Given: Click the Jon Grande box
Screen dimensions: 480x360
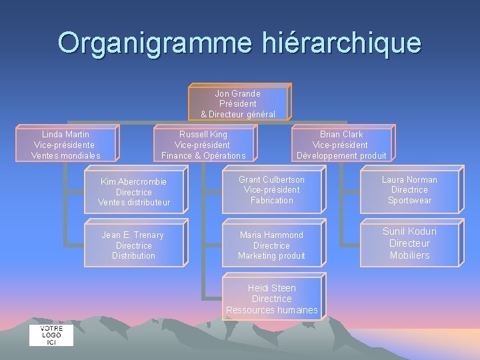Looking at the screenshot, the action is coord(238,103).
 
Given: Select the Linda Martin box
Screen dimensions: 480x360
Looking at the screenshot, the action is coord(66,145).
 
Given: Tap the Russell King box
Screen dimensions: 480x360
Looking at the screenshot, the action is coord(203,145).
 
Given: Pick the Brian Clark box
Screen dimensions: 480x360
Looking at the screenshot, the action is coord(341,145).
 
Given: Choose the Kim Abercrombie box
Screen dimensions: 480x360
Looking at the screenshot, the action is coord(134,192).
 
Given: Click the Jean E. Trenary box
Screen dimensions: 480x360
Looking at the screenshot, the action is coord(133,245).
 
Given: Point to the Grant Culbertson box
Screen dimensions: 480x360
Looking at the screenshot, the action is coord(272,190).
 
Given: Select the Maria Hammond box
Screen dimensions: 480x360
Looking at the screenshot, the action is coord(271,245).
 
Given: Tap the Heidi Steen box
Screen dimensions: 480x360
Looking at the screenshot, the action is coord(272,299).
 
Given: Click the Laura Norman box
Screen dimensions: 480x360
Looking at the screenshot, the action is coord(409,190).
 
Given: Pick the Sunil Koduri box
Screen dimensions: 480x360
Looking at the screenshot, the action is coord(409,243).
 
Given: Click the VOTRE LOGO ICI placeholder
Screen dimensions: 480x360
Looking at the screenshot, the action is coord(51,335).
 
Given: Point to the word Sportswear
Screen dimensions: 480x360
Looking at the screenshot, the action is coord(409,201).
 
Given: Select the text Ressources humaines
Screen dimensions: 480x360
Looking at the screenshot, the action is coord(272,310).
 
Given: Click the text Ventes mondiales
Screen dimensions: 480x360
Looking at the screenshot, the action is coord(66,156).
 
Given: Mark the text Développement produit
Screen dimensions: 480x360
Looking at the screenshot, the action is coord(341,156).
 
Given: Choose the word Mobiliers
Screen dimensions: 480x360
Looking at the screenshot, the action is coord(409,255).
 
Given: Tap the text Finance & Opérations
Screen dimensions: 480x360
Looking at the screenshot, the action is coord(203,156).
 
